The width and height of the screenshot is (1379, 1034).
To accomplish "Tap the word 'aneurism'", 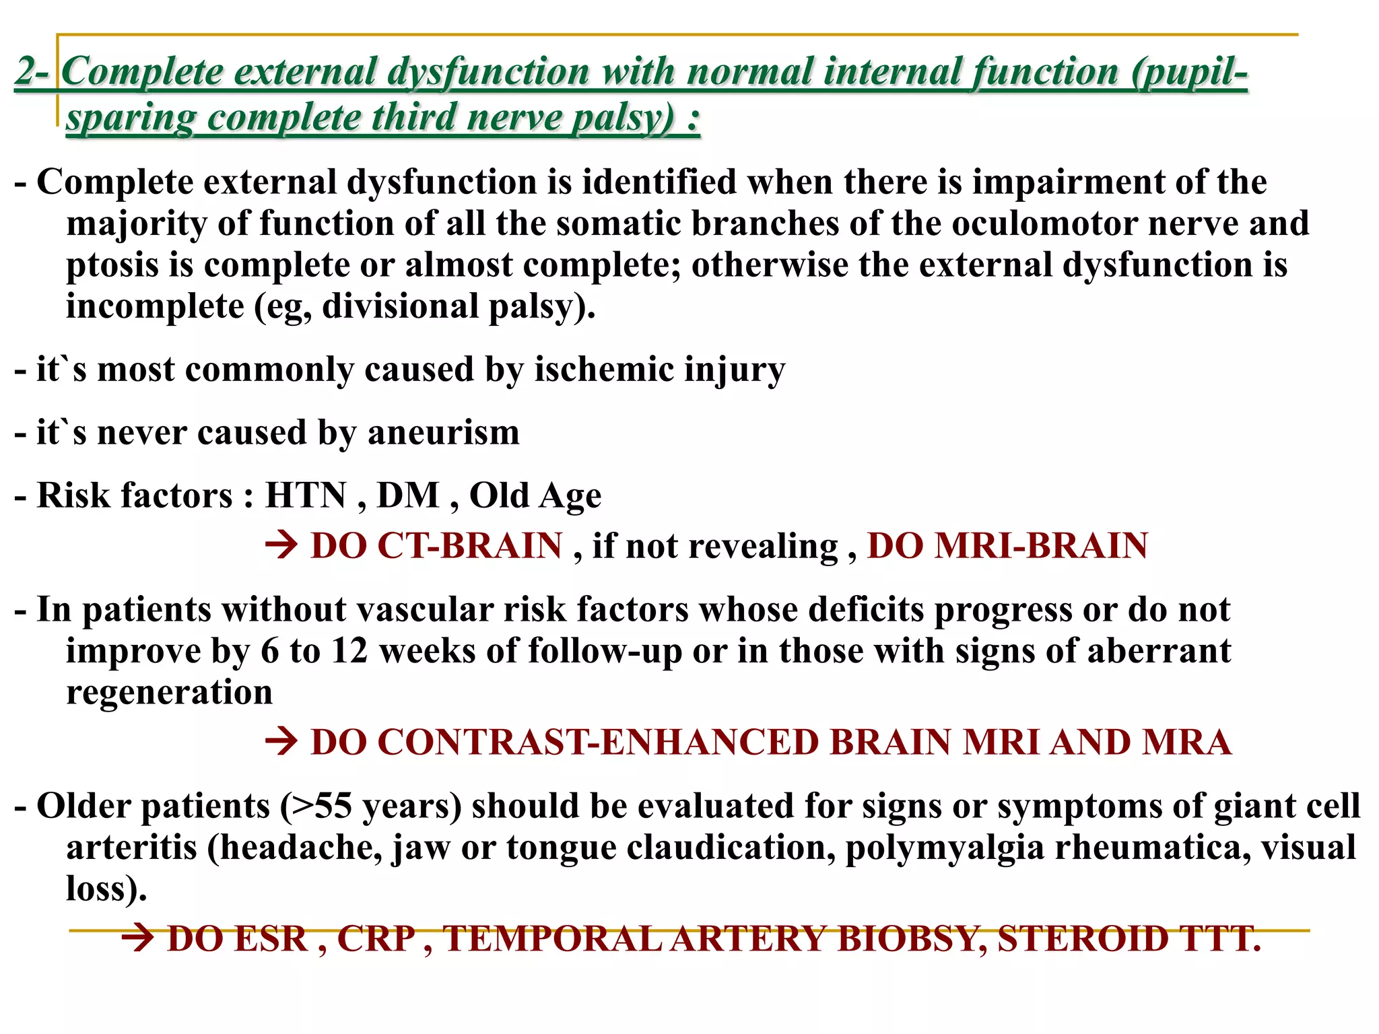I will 444,432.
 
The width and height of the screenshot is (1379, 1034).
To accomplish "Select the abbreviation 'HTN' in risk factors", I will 306,495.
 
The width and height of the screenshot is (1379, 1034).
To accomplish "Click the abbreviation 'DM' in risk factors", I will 407,495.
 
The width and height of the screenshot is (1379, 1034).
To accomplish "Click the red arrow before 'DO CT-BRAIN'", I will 281,545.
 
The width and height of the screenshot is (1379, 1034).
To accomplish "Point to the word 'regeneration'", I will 169,693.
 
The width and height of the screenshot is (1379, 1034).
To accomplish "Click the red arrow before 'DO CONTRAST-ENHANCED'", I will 281,742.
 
